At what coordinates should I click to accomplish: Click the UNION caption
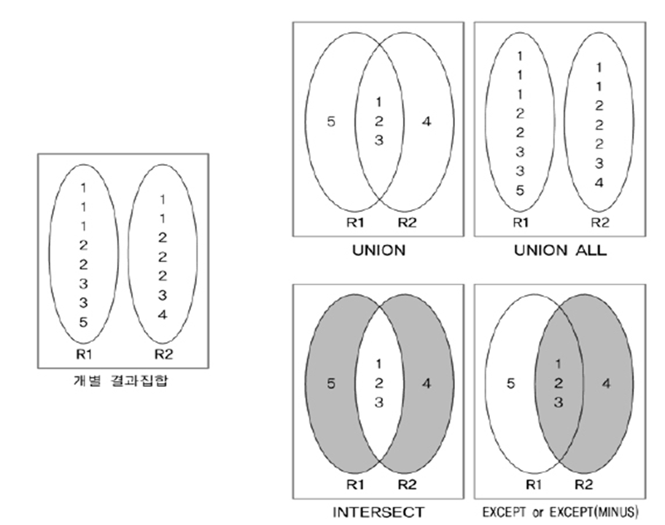pyautogui.click(x=378, y=251)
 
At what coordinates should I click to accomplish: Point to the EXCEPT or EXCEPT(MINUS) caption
pyautogui.click(x=560, y=511)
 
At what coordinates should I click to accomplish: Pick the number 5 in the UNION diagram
pyautogui.click(x=331, y=122)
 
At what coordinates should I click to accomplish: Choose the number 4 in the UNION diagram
pyautogui.click(x=427, y=122)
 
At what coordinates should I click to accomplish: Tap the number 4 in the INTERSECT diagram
pyautogui.click(x=427, y=384)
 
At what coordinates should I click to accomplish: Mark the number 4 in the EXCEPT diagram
pyautogui.click(x=606, y=384)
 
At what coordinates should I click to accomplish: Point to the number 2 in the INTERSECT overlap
pyautogui.click(x=379, y=384)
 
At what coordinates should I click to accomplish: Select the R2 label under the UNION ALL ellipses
pyautogui.click(x=599, y=223)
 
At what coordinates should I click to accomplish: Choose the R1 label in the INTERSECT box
pyautogui.click(x=355, y=484)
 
